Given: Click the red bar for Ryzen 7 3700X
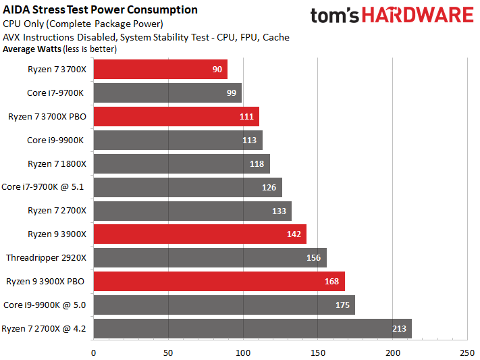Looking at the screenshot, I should [x=160, y=70].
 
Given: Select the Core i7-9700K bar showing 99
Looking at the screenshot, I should [x=167, y=93].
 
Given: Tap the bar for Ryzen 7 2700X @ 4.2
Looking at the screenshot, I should [x=252, y=329].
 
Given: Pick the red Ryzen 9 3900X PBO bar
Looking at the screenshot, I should [x=219, y=282].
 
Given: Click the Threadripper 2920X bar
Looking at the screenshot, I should [x=209, y=258].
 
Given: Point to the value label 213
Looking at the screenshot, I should [x=400, y=329].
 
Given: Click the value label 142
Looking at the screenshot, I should [x=294, y=234].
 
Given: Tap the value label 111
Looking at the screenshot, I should [x=246, y=117].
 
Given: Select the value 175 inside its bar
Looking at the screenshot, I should [x=342, y=305].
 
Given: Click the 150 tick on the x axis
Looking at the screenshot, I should [x=318, y=351].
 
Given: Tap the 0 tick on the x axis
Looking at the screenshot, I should [x=93, y=351].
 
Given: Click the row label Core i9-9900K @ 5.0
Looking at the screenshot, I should [x=45, y=305].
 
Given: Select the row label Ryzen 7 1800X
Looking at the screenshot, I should [x=57, y=164].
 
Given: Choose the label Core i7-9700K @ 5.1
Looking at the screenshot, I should [x=45, y=187].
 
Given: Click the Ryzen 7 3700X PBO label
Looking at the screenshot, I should [x=47, y=117].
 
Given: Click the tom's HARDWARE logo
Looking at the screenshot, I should [x=392, y=17].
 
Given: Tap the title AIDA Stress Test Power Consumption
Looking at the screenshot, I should [x=101, y=10].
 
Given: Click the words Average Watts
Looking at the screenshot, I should [x=31, y=49].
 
